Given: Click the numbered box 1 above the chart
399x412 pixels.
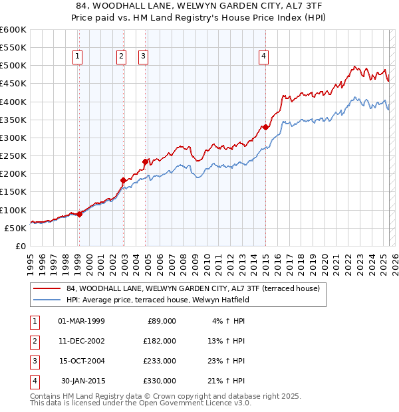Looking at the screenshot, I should pos(78,57).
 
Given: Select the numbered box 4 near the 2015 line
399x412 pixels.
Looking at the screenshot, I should pos(264,57).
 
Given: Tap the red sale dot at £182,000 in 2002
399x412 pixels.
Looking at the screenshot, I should pos(123,180).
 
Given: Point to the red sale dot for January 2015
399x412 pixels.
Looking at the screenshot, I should pos(265,127).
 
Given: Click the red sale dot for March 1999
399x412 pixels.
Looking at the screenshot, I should pos(79,214).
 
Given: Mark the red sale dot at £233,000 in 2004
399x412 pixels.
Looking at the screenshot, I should pos(145,161).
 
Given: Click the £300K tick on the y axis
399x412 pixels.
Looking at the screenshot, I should pos(13,138).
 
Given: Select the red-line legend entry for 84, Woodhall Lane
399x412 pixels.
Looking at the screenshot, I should pos(193,288).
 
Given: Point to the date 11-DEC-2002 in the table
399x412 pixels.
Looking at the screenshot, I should pos(81,340).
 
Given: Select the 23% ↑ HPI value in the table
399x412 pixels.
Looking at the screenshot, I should pos(226,361).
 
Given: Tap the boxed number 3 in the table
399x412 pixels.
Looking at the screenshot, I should pos(33,361).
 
